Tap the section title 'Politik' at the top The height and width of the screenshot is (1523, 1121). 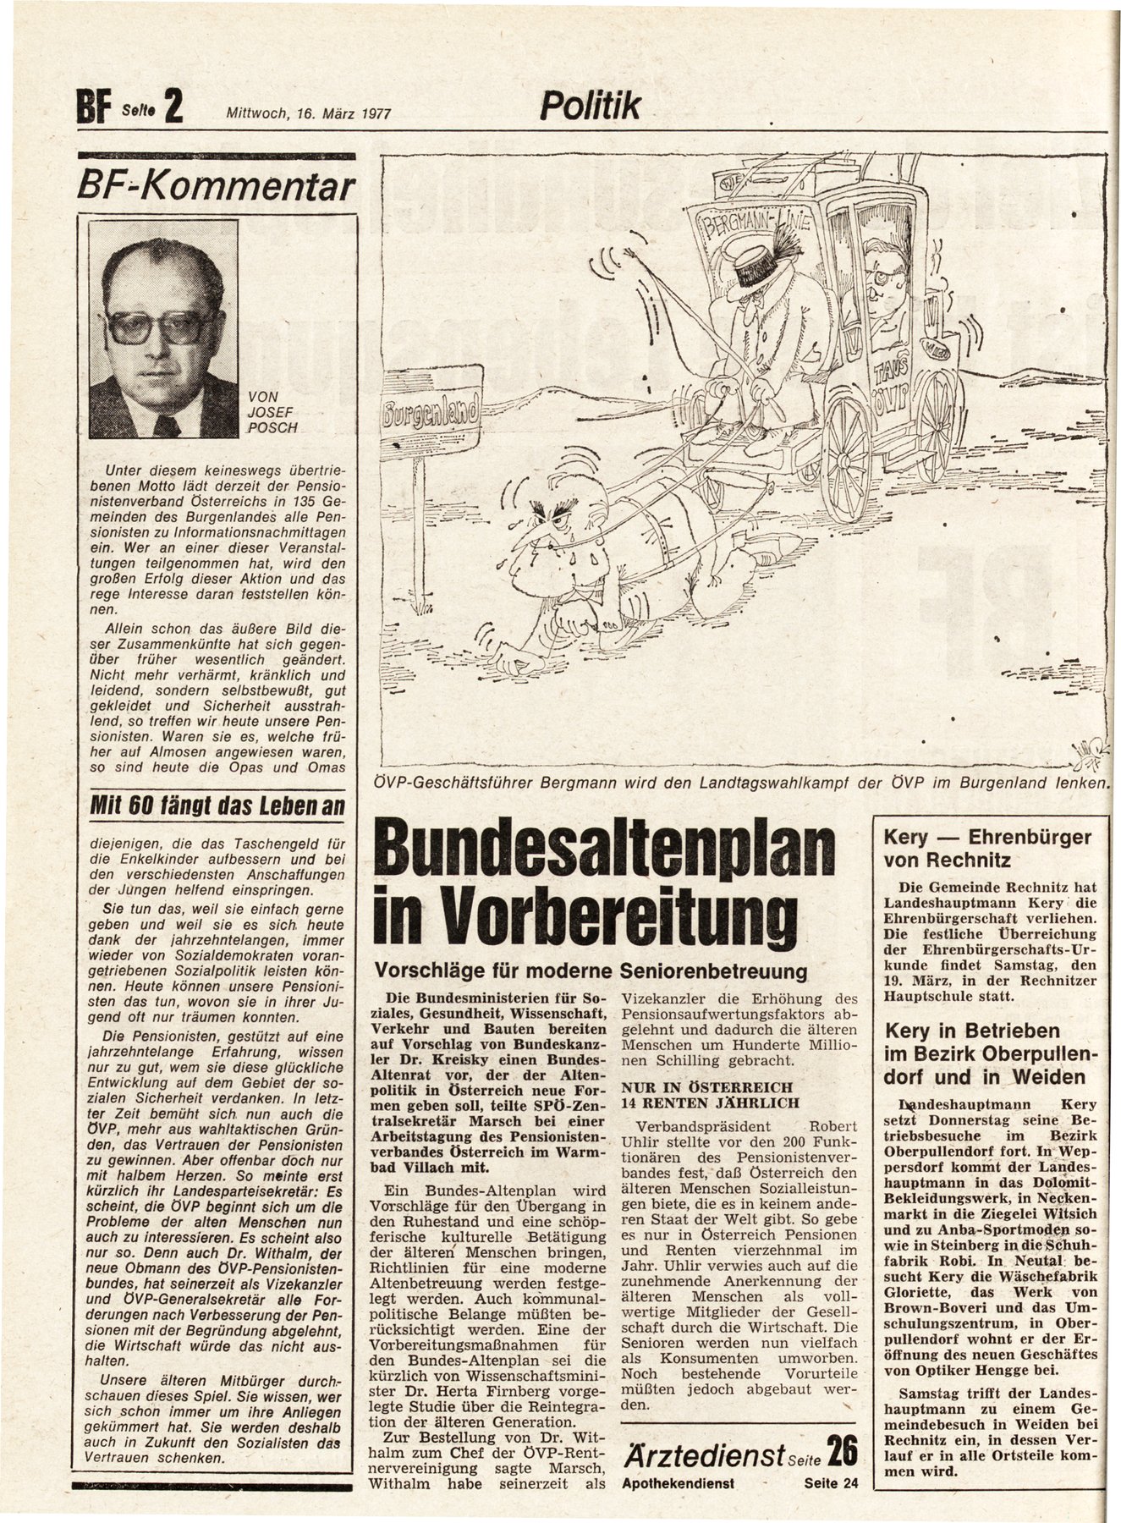point(591,107)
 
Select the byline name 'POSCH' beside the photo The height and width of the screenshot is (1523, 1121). point(272,427)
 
